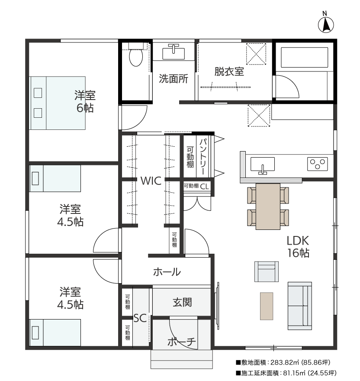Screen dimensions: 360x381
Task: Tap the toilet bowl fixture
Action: (136, 55)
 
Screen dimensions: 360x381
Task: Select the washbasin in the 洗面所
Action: (174, 53)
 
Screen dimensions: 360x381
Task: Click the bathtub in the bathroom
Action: (304, 57)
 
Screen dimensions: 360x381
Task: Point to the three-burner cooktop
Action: (318, 164)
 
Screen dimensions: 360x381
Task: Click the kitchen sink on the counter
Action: (263, 165)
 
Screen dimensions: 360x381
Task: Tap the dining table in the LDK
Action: (268, 206)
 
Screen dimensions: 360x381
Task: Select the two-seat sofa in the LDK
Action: (300, 306)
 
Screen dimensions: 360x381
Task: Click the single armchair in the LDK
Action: (267, 271)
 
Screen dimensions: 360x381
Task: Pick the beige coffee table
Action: (267, 306)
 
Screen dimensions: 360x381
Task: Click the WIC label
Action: (151, 181)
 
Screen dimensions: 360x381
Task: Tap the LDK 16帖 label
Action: (298, 247)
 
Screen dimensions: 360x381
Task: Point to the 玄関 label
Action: (182, 303)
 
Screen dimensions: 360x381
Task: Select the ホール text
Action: (167, 272)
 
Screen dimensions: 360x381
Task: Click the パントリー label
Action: (203, 156)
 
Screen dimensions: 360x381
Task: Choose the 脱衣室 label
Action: (229, 72)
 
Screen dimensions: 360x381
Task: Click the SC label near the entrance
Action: (140, 318)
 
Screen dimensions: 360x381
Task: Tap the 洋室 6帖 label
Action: (85, 102)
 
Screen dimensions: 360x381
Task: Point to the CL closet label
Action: (204, 186)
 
